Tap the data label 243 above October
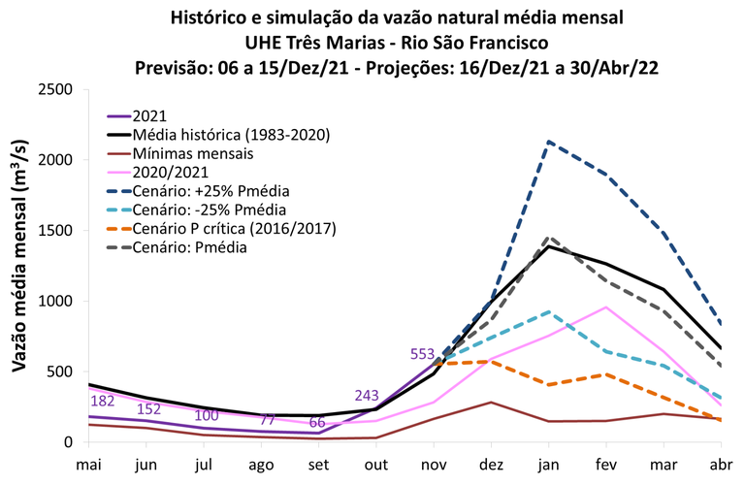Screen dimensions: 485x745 pos(369,396)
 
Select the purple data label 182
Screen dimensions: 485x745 pos(104,401)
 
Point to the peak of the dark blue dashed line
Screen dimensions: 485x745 pos(551,142)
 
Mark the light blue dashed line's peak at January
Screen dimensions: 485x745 pos(551,311)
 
